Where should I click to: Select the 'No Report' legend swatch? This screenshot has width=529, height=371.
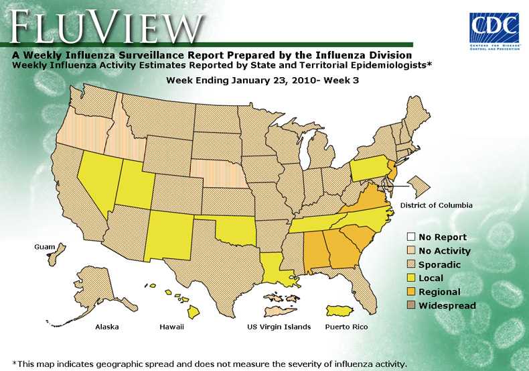410,237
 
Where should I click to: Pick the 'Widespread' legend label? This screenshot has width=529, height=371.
447,306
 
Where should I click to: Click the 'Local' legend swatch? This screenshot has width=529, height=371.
410,278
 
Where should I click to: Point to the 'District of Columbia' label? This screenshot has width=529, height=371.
436,205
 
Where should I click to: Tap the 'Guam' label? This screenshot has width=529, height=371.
45,247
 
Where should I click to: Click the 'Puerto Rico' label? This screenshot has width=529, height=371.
346,327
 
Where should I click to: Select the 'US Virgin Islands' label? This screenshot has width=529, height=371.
279,327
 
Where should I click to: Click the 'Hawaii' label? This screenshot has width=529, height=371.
171,327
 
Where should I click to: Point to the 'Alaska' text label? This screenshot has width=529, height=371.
107,327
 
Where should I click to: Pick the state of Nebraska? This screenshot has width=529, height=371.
218,174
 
